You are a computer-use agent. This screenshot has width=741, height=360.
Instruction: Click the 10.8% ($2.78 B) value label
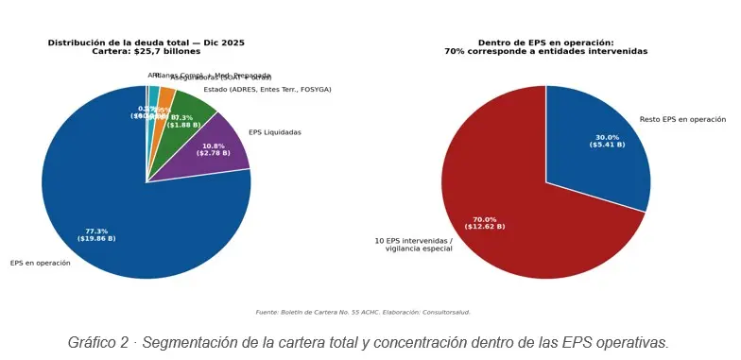214,149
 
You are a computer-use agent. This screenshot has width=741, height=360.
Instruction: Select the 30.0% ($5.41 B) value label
607,141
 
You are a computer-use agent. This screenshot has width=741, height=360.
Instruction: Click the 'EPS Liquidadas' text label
274,132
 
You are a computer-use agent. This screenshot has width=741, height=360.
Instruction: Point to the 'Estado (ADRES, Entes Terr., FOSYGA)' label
267,90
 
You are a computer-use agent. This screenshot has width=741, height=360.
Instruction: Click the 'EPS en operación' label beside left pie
40,263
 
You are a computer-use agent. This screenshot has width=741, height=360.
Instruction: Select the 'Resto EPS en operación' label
682,120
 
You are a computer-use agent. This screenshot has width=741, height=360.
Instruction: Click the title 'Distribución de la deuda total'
146,43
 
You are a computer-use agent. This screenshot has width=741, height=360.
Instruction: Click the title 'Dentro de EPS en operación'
545,43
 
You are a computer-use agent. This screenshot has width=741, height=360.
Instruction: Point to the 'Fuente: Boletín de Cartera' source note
363,312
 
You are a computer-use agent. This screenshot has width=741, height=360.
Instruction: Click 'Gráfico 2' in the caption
97,342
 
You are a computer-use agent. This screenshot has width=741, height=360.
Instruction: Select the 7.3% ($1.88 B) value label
183,121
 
